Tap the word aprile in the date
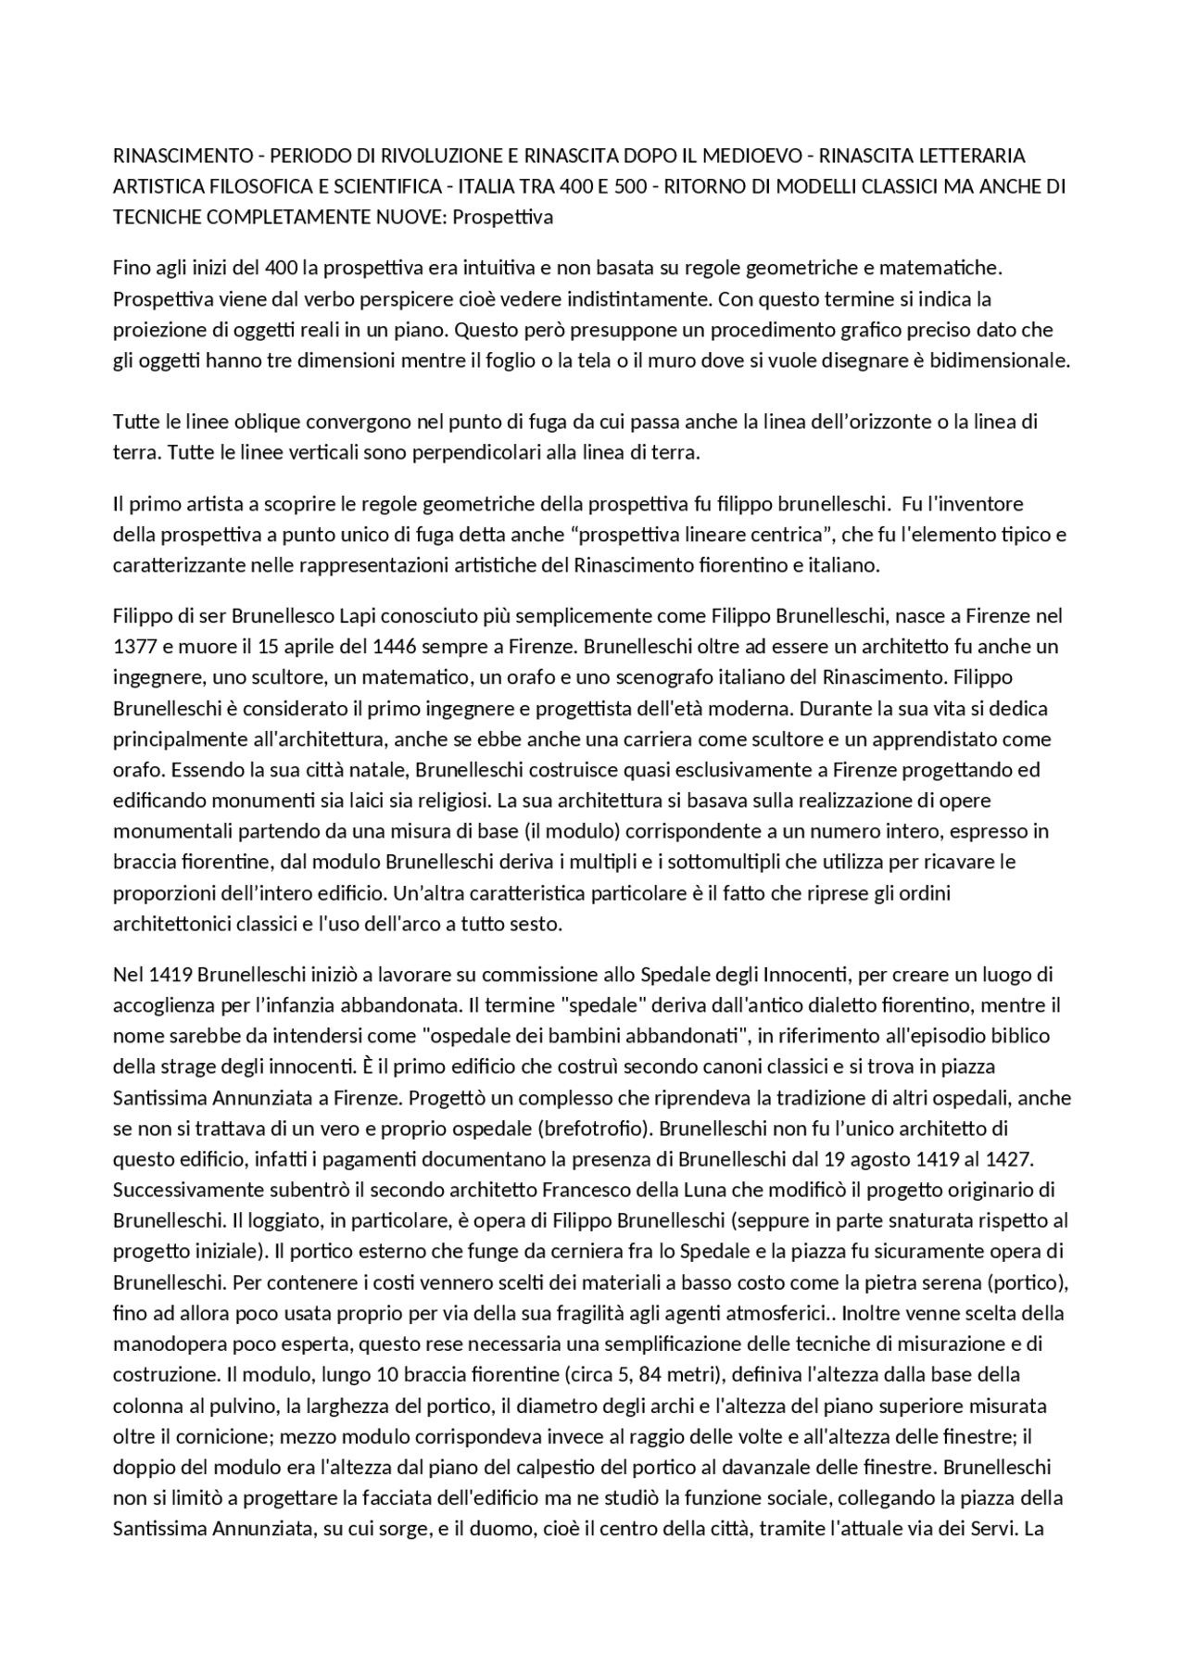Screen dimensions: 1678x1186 (308, 647)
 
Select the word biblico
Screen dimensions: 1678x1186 (1016, 1036)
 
